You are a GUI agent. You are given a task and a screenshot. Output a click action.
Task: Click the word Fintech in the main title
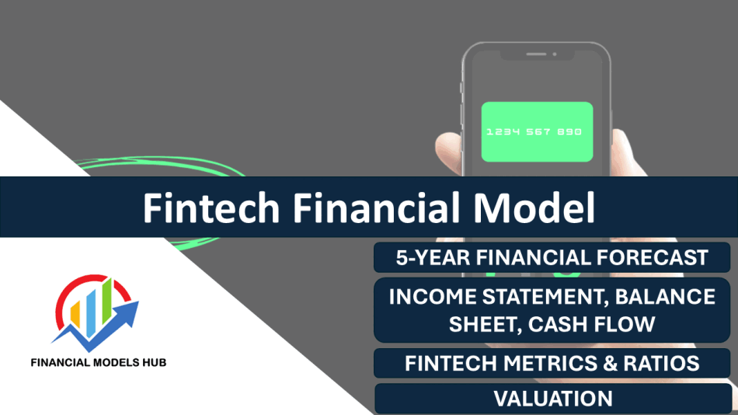coord(211,207)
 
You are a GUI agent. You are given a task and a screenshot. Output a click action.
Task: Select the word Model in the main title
coord(534,207)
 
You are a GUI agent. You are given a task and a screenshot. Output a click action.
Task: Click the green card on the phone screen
coord(537,132)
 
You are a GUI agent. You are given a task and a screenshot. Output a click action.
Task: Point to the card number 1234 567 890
coord(534,132)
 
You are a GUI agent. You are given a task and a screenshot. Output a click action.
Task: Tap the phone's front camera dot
coord(555,54)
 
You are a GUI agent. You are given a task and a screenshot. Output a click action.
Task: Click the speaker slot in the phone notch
coord(536,54)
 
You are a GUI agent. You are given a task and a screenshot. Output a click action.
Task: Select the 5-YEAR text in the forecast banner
coord(433,258)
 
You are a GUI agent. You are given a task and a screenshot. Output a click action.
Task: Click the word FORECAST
coord(653,258)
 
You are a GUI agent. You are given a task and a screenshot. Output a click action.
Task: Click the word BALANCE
coord(665,297)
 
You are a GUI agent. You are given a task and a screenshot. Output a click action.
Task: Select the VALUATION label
coord(553,399)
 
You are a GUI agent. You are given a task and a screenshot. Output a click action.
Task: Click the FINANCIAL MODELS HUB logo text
coord(99,363)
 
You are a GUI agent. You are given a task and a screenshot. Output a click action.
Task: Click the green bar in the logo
coord(107,302)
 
